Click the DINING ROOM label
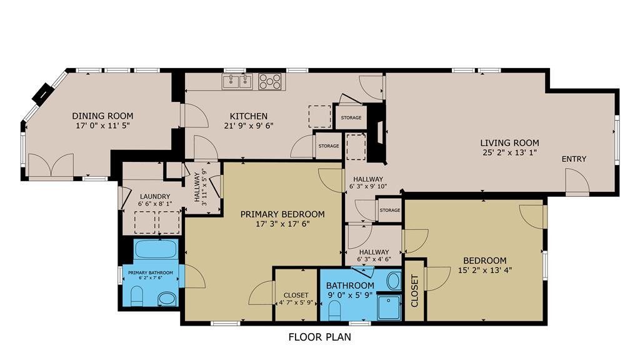(x=103, y=116)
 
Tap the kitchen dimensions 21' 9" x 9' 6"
(x=249, y=126)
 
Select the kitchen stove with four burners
(x=270, y=81)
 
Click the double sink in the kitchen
(x=237, y=81)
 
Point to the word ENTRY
(x=574, y=159)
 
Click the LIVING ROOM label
(x=509, y=143)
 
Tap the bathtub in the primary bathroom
(x=156, y=249)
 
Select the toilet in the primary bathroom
(x=137, y=296)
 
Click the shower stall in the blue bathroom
(x=389, y=307)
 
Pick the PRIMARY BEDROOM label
(x=282, y=214)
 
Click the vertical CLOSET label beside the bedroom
(x=415, y=291)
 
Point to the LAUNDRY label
(x=155, y=196)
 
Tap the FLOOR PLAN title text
(x=319, y=337)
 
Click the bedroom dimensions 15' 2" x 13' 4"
(x=485, y=270)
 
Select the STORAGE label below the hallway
(x=390, y=210)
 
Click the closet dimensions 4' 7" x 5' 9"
(x=296, y=303)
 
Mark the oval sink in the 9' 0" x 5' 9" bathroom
(x=394, y=281)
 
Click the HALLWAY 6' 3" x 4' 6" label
(x=374, y=256)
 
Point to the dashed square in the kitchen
(x=319, y=116)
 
